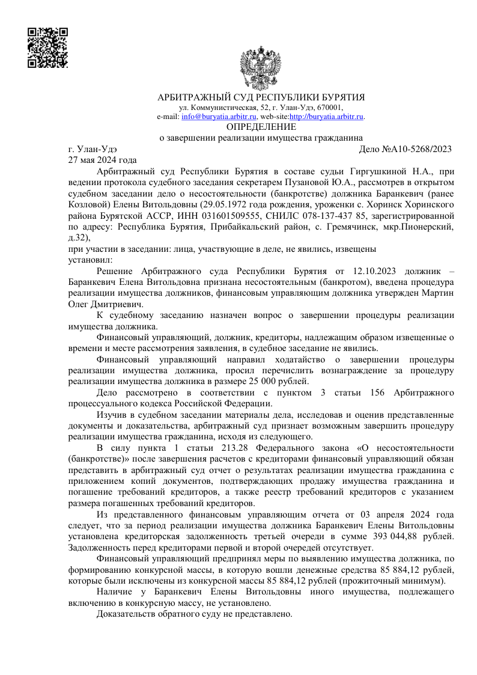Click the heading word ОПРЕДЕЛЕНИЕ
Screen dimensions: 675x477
[x=261, y=127]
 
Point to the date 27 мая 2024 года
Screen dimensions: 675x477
[x=103, y=160]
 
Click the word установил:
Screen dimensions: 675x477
[x=87, y=260]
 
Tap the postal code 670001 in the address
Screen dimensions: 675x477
[x=330, y=108]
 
